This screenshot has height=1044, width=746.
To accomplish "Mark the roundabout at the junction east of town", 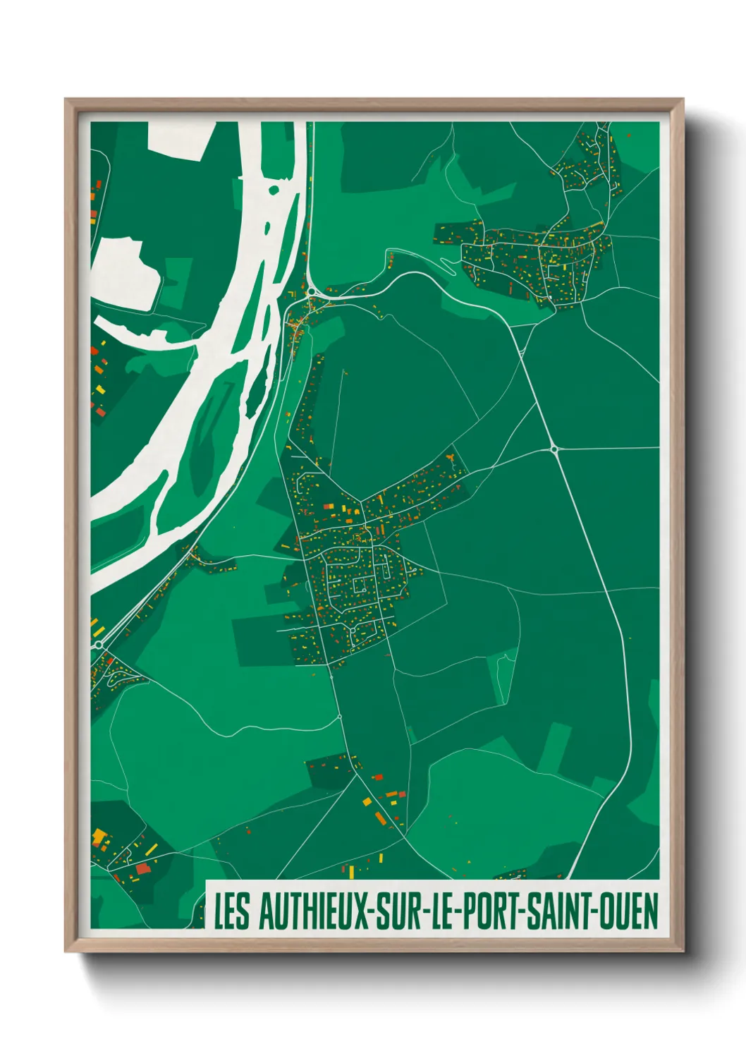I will coord(554,449).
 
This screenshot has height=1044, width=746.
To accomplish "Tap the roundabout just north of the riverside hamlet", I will coord(311,290).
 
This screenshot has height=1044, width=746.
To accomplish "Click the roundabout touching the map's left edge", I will coord(99,645).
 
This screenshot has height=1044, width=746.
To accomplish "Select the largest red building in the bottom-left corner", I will coord(143,868).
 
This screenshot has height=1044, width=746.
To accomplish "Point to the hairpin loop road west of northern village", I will coord(446,266).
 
